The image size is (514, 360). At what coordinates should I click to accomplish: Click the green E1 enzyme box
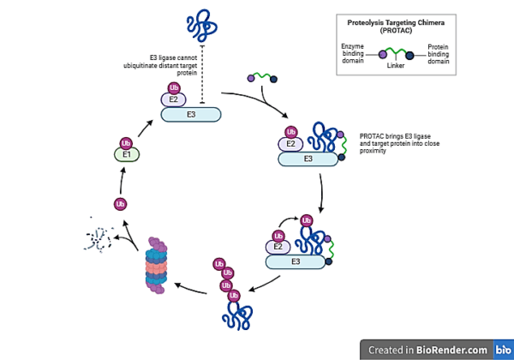click(126, 155)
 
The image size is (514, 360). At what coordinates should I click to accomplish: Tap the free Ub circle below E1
click(121, 204)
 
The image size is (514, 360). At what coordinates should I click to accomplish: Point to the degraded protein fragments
click(96, 239)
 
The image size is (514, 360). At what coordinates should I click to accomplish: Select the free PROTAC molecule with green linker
click(264, 80)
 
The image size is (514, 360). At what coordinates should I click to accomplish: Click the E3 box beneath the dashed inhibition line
click(191, 114)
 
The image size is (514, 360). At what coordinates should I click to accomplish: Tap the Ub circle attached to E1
click(127, 143)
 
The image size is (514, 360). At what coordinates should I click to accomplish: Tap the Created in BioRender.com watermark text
click(428, 350)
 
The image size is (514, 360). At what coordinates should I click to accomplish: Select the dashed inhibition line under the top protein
click(201, 73)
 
